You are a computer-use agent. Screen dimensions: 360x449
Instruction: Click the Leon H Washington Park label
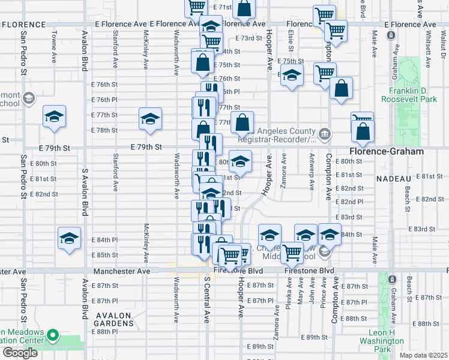(x=390, y=340)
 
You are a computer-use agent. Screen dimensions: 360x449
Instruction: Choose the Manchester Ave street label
(x=122, y=271)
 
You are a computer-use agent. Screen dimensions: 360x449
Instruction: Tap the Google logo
(x=20, y=353)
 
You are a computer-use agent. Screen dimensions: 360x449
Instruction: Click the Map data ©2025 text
(x=423, y=355)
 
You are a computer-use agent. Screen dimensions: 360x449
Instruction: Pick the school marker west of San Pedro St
(x=54, y=116)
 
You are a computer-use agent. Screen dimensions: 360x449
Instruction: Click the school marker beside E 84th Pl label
(x=69, y=238)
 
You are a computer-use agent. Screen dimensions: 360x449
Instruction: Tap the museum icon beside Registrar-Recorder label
(x=324, y=133)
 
